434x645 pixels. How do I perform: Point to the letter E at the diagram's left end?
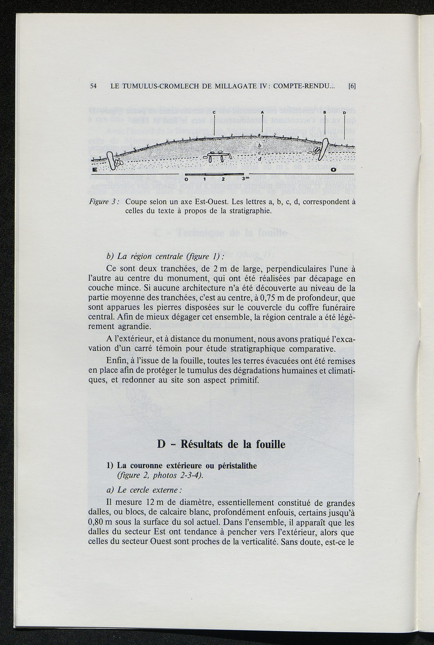tap(94, 170)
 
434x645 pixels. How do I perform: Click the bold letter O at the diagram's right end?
tap(334, 170)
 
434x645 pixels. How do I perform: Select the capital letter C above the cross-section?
tap(214, 112)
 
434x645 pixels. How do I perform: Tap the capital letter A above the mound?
tap(262, 112)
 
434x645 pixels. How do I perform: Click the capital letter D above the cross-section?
tap(344, 112)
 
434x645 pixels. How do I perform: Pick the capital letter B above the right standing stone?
tap(325, 112)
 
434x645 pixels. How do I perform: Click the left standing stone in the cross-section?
tap(111, 161)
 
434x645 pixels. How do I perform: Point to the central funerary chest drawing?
tap(220, 156)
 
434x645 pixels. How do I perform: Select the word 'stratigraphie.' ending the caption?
tap(249, 211)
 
